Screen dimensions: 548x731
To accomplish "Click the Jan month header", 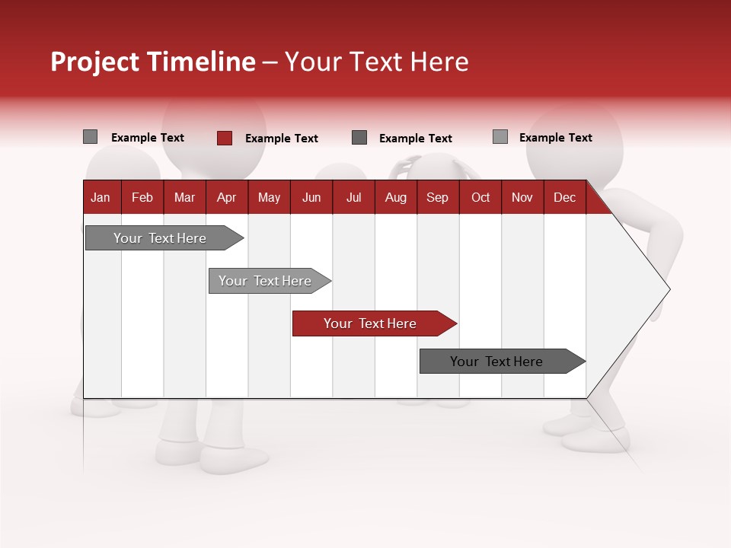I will (101, 197).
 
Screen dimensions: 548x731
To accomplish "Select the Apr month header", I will (226, 197).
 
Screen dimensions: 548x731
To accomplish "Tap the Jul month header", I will (353, 197).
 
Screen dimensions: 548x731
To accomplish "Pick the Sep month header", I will (437, 197).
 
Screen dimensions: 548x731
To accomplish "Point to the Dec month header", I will (564, 197).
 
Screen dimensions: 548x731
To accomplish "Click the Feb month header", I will (142, 197).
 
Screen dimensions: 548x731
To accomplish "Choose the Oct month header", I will (480, 197).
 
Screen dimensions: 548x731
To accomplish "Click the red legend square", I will (224, 138).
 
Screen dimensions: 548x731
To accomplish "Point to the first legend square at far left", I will (90, 137).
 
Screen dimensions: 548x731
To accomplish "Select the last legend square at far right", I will (500, 137).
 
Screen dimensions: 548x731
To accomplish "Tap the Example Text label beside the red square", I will (281, 139).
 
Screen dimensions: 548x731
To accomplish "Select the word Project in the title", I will (95, 62).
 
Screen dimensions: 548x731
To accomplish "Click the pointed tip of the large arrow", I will (668, 288).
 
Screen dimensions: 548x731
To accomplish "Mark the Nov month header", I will (522, 197).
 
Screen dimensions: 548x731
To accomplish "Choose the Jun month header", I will (311, 197).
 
